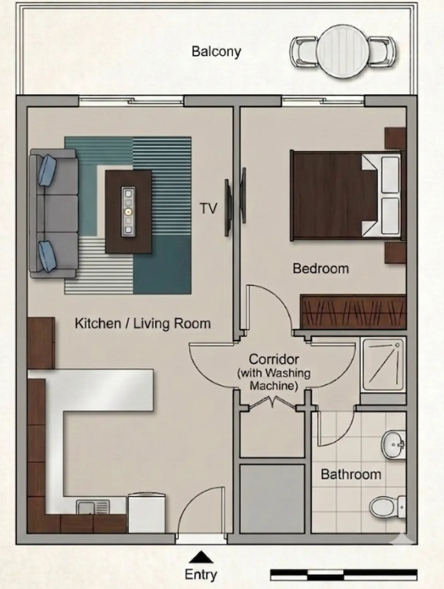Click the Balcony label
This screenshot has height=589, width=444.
[217, 52]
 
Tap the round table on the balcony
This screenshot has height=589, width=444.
[342, 52]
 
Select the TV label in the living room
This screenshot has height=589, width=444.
[208, 208]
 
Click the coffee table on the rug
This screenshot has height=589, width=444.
[128, 212]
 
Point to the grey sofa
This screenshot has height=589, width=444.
[54, 213]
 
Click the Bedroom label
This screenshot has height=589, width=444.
[321, 268]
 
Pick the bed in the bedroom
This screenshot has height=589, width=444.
[347, 195]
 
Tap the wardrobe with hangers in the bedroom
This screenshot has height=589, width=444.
[353, 311]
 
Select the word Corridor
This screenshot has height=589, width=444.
[274, 359]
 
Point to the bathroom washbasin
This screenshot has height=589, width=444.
[394, 445]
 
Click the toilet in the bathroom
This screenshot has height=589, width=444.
[387, 507]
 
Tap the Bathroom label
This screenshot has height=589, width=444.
[351, 474]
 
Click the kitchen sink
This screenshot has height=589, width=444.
[93, 507]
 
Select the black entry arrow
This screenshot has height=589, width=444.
[201, 557]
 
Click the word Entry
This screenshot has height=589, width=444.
[201, 575]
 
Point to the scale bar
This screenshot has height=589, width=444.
[343, 575]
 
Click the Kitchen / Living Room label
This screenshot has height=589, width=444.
[143, 324]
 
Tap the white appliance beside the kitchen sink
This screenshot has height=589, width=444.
[147, 513]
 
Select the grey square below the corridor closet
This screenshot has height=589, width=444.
[272, 499]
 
